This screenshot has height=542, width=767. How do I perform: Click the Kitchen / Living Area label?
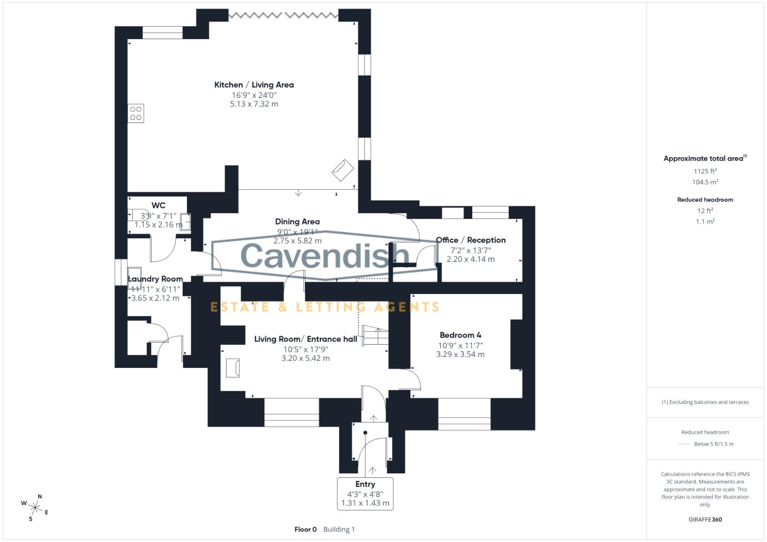pyautogui.click(x=254, y=85)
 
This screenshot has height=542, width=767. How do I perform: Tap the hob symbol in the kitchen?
pyautogui.click(x=136, y=113)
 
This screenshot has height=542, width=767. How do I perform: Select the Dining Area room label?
pyautogui.click(x=297, y=221)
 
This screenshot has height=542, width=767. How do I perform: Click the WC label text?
pyautogui.click(x=158, y=205)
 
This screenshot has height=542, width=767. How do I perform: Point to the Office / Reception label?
pyautogui.click(x=471, y=240)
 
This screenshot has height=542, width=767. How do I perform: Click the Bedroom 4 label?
pyautogui.click(x=460, y=335)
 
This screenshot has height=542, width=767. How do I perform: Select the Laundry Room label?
pyautogui.click(x=155, y=279)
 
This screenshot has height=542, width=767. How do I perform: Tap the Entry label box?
pyautogui.click(x=365, y=494)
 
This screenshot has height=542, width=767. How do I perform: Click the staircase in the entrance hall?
pyautogui.click(x=375, y=336)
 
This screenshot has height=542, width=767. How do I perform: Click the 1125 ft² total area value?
pyautogui.click(x=705, y=171)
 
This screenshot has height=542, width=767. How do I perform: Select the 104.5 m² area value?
pyautogui.click(x=705, y=182)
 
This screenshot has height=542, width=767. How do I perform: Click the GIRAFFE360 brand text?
pyautogui.click(x=705, y=519)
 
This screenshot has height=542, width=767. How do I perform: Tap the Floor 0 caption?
pyautogui.click(x=305, y=529)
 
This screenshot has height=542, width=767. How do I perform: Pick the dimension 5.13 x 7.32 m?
pyautogui.click(x=254, y=104)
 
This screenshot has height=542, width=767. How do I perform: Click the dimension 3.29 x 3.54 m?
pyautogui.click(x=460, y=354)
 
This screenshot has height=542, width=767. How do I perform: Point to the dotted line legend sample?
pyautogui.click(x=684, y=444)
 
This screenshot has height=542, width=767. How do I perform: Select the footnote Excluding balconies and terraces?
pyautogui.click(x=705, y=402)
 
